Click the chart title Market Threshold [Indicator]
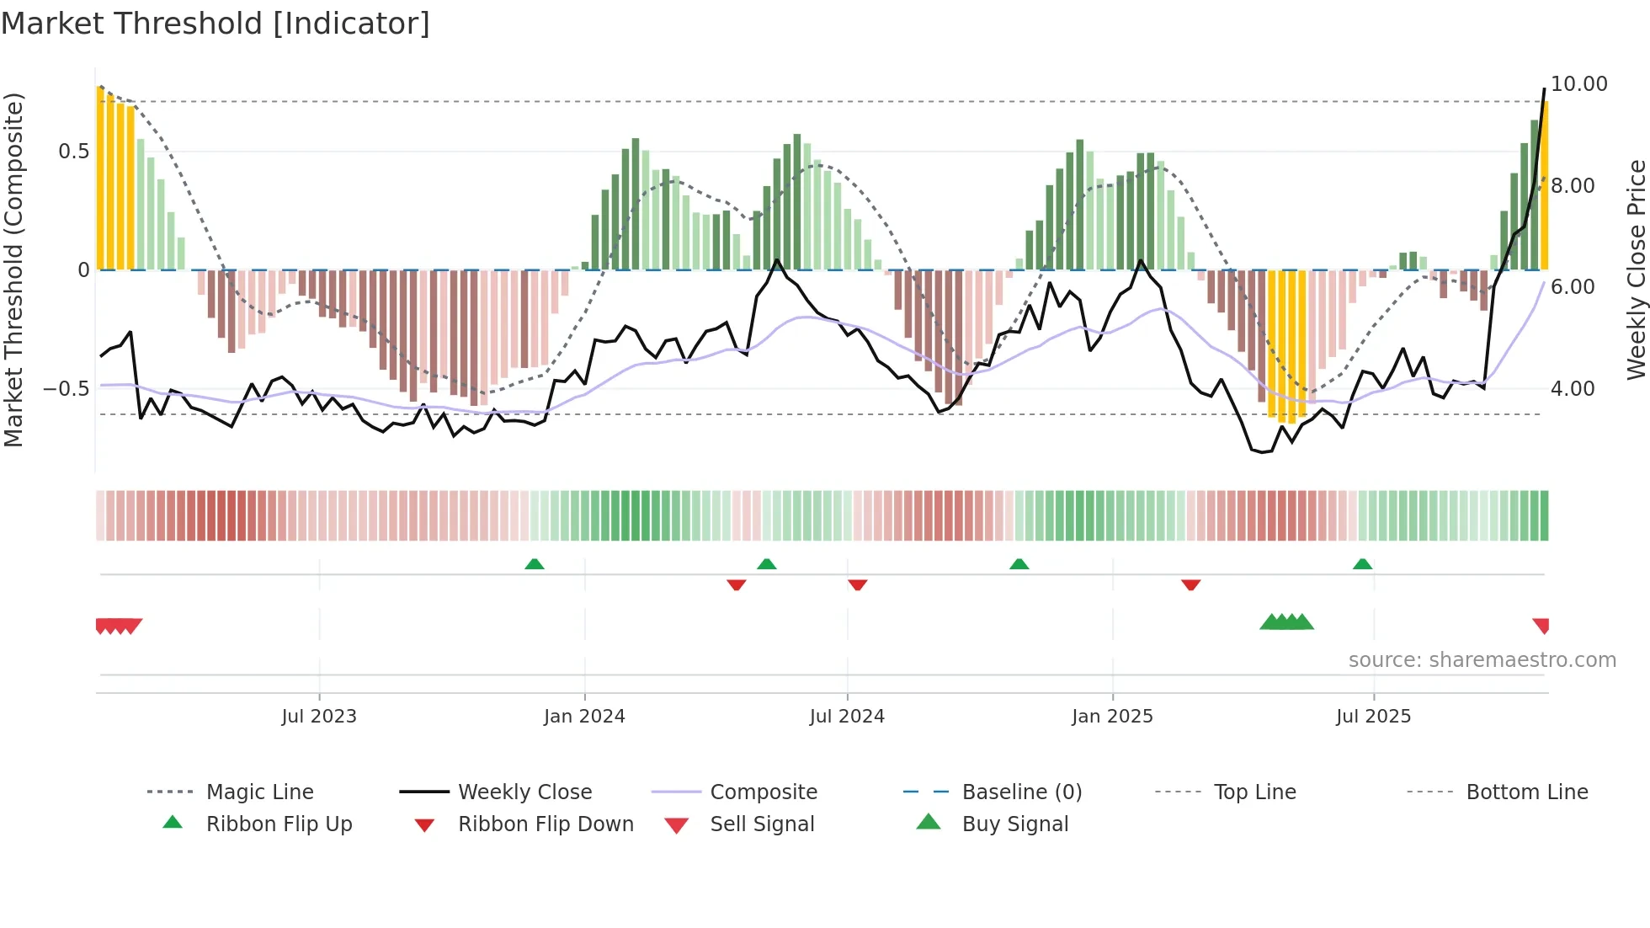216,24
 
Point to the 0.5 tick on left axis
73,152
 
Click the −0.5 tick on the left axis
67,389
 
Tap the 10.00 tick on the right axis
1578,84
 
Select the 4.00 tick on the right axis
1572,389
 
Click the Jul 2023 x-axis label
319,717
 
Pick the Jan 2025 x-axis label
1112,717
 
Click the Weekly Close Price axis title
1635,269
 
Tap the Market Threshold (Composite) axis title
13,269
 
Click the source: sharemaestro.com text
1482,660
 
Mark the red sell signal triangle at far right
1541,625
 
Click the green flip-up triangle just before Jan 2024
535,563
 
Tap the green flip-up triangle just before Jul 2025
1362,563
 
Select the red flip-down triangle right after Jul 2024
857,584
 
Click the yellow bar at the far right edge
1545,185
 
